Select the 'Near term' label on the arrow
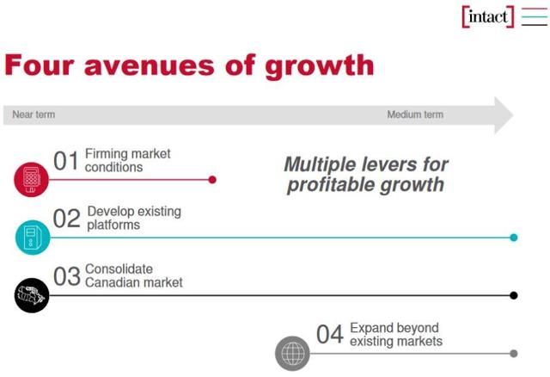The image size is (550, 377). (34, 114)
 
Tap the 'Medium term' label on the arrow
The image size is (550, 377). (415, 114)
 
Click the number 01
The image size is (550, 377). (66, 161)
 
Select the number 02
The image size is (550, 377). (67, 219)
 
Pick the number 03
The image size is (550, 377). (67, 276)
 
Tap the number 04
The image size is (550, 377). (330, 335)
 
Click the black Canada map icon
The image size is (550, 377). (32, 295)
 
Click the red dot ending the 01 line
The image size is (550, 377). (212, 180)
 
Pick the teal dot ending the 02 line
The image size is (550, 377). (514, 238)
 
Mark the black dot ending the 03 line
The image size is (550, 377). (514, 295)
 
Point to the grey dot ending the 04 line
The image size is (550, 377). (514, 353)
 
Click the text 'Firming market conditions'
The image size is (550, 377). (127, 161)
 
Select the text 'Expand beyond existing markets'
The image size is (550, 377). (395, 335)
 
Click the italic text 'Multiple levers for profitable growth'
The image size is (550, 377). (366, 174)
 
